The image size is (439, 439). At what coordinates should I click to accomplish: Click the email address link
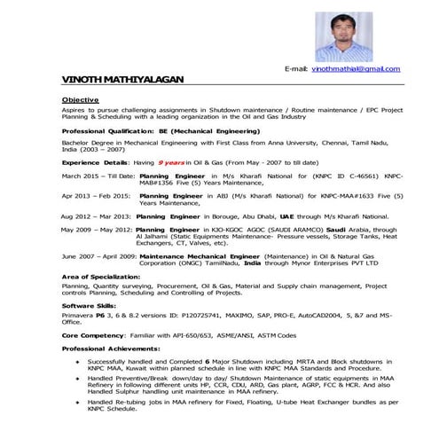356,68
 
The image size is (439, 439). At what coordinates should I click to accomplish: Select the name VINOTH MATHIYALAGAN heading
123,81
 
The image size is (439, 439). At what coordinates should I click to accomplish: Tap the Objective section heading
81,99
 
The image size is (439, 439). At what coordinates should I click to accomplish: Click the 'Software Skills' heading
90,303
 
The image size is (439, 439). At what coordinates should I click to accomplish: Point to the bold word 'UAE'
287,216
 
